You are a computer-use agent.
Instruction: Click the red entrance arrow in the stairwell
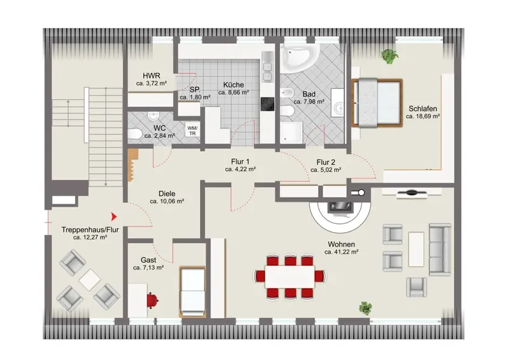(114, 216)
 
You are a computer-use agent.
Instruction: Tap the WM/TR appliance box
(193, 131)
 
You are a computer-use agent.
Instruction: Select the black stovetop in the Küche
(267, 104)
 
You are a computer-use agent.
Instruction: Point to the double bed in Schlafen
(377, 103)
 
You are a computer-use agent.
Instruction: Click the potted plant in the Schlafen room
(389, 56)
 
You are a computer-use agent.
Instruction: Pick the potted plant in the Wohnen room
(365, 308)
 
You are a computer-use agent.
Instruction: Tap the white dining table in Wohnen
(290, 277)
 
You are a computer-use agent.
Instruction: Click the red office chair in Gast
(152, 300)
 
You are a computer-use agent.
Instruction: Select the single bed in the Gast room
(193, 291)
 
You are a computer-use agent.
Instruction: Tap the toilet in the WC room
(134, 134)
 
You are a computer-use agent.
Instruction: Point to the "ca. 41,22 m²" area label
(341, 252)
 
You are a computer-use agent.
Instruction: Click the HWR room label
(151, 76)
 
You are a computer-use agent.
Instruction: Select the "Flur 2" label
(326, 162)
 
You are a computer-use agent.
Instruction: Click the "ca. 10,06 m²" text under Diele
(167, 201)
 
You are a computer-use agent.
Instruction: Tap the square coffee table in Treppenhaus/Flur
(90, 280)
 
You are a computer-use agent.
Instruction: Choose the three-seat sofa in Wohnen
(440, 249)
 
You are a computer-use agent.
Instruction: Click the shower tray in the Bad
(291, 132)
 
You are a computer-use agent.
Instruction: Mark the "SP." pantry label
(195, 90)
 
